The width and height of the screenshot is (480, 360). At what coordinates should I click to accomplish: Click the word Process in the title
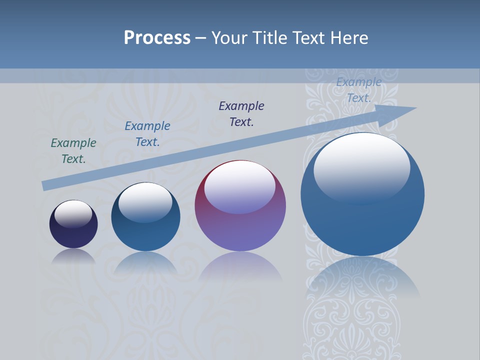point(157,38)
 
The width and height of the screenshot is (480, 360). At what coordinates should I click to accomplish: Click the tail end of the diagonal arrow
point(46,185)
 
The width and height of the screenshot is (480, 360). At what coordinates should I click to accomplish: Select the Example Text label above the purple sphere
point(241,114)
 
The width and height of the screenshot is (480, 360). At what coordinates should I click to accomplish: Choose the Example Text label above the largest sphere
point(358,90)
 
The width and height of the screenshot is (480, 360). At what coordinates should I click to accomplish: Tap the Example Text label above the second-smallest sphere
point(147,134)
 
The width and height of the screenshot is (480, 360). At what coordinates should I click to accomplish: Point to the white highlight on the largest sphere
point(361,165)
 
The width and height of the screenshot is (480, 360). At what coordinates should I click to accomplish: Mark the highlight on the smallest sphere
point(73,213)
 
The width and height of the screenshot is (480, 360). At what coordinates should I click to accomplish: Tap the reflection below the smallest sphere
point(73,256)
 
